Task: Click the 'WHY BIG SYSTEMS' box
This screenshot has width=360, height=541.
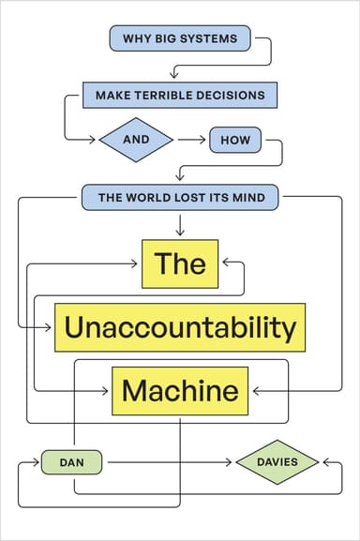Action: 180,39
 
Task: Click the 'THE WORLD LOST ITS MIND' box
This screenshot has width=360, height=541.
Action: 180,198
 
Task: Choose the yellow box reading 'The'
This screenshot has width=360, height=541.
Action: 180,263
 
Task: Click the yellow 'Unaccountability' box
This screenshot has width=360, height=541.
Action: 180,326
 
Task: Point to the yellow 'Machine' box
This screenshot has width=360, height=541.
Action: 180,390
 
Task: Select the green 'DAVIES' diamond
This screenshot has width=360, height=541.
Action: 277,461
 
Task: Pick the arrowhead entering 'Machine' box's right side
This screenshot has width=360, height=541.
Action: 254,390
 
